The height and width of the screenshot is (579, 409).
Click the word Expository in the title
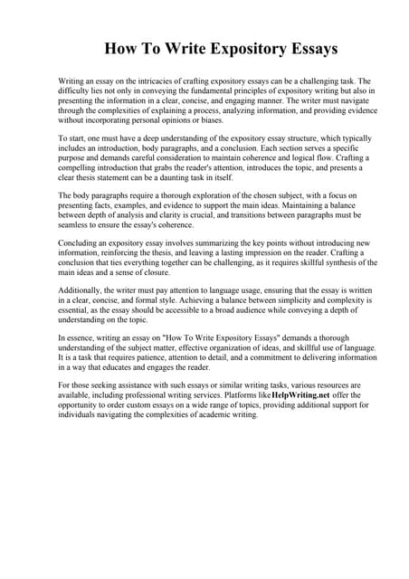point(235,47)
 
